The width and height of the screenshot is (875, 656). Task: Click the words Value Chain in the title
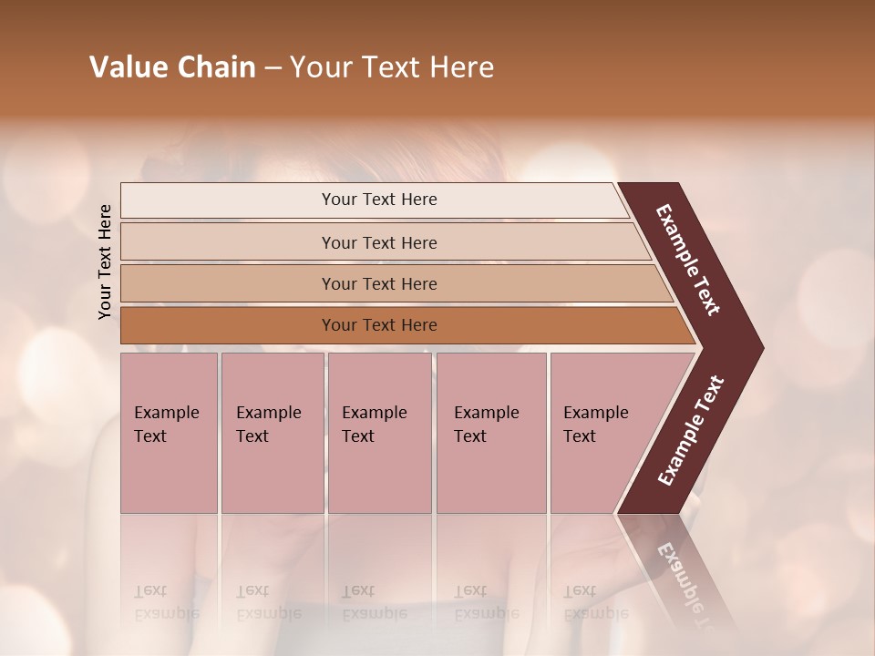(172, 67)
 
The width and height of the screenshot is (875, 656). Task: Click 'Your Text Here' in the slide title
(392, 67)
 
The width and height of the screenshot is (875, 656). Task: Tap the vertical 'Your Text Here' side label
(106, 261)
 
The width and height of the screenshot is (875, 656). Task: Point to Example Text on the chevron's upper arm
(688, 260)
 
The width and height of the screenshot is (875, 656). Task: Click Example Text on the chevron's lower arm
(690, 431)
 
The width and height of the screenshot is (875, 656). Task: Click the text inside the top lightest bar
(379, 200)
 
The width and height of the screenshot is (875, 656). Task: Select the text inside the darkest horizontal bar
(379, 325)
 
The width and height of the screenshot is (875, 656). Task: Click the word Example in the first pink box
(166, 413)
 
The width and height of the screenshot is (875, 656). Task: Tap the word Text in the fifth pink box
(580, 436)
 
